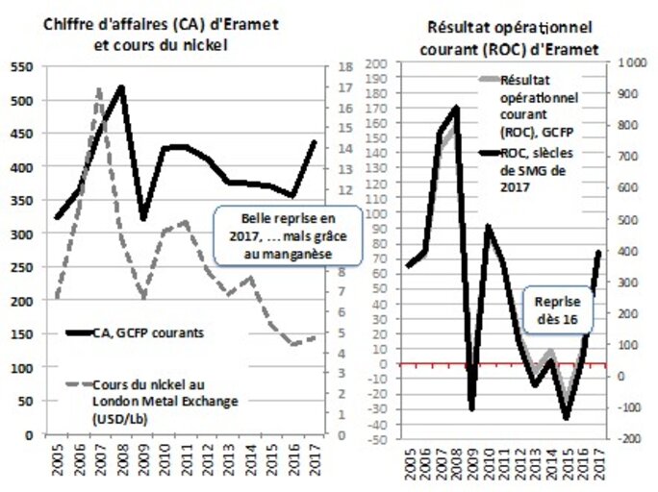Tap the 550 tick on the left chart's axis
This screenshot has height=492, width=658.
click(x=22, y=67)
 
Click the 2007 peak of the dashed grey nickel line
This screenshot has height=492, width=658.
click(x=100, y=89)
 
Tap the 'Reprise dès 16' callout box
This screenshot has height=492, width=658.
click(x=558, y=308)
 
